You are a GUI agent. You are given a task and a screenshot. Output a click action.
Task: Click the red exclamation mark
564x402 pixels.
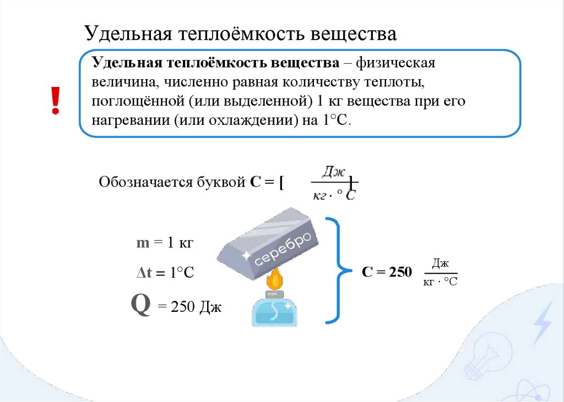[x=55, y=101]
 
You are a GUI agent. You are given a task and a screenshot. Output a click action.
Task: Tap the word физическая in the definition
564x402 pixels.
[x=395, y=63]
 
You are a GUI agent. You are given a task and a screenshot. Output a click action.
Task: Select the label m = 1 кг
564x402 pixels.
[x=166, y=243]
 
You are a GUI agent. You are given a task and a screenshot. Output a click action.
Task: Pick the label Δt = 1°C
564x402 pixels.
[x=165, y=273]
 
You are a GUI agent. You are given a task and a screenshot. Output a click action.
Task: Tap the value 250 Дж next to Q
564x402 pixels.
[x=189, y=307]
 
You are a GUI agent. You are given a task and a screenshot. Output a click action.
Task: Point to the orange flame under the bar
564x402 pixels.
[x=275, y=279]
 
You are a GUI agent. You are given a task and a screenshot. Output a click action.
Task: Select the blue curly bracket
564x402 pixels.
[x=338, y=269]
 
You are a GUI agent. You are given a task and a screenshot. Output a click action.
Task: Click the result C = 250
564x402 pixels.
[x=387, y=272]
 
